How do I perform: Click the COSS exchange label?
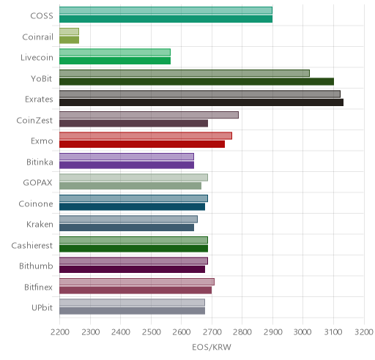(42, 16)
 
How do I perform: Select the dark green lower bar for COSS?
(166, 19)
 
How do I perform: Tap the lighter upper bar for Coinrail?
(69, 31)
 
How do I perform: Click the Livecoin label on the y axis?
(37, 58)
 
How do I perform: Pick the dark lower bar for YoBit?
(196, 82)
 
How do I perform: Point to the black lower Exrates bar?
(201, 102)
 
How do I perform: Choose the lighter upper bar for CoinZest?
(149, 115)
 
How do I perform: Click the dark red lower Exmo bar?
(142, 144)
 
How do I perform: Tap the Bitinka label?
(40, 162)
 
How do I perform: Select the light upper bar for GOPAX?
(133, 178)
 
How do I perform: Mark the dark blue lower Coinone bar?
(132, 207)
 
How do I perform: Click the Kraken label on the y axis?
(40, 225)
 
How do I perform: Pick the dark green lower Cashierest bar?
(133, 249)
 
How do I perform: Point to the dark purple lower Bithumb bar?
(132, 269)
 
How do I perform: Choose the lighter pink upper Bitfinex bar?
(137, 282)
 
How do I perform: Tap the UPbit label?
(42, 308)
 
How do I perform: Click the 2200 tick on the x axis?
(59, 332)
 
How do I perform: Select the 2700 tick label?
(212, 332)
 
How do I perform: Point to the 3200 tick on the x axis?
(364, 332)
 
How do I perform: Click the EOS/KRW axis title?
(212, 347)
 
